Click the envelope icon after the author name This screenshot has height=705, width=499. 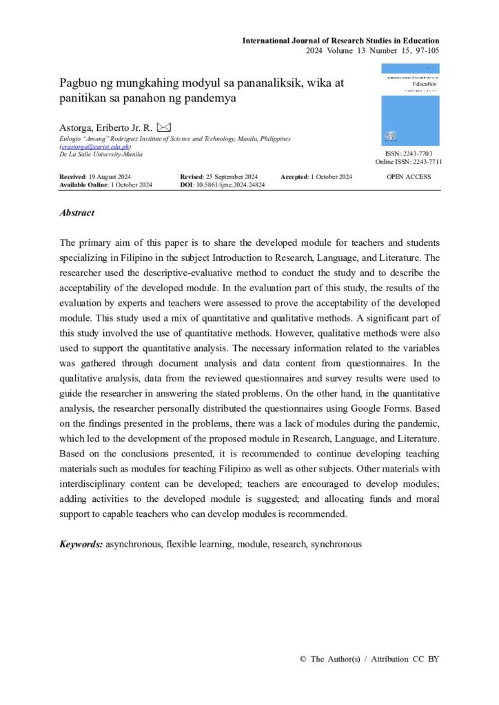click(163, 127)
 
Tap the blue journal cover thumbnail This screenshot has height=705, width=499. click(410, 104)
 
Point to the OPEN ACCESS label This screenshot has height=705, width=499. click(409, 177)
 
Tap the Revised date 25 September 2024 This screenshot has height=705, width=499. click(231, 177)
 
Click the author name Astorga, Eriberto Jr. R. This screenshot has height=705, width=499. click(107, 128)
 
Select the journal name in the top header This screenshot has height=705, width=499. click(340, 41)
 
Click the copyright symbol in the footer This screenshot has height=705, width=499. click(303, 659)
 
